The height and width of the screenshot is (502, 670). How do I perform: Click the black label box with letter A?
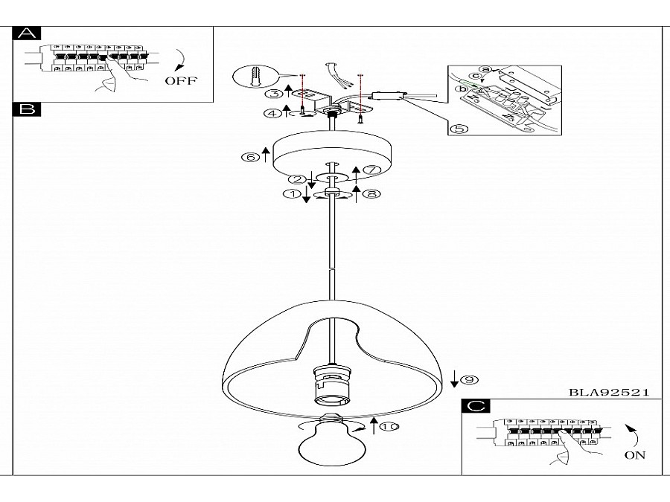[27, 33]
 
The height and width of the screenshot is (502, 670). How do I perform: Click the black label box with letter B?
[27, 109]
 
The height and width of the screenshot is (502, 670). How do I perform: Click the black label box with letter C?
[476, 406]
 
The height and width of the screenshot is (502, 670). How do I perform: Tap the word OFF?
[181, 80]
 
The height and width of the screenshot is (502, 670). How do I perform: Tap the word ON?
[634, 455]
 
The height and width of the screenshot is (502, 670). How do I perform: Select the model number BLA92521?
[609, 392]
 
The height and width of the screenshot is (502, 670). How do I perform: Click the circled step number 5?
[459, 129]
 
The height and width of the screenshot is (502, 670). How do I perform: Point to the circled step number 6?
[250, 158]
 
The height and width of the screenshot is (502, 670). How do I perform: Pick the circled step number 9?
[470, 379]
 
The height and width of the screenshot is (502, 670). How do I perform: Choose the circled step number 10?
[389, 426]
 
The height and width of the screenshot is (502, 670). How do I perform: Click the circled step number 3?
[274, 94]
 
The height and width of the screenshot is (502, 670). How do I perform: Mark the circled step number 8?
[371, 194]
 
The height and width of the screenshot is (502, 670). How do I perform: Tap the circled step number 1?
[293, 194]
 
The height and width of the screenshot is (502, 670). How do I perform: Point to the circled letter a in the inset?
[485, 70]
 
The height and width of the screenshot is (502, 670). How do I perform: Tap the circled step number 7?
[371, 170]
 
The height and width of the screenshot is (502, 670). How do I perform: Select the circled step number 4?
[272, 113]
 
